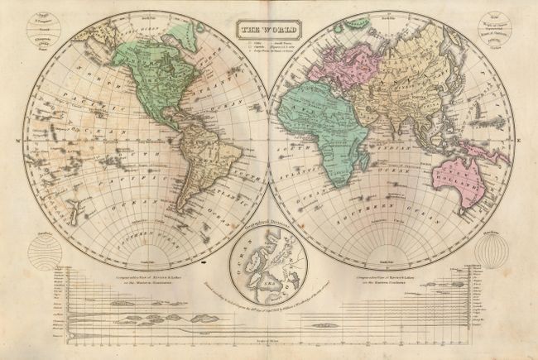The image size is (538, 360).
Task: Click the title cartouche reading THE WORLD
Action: [x=268, y=31]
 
